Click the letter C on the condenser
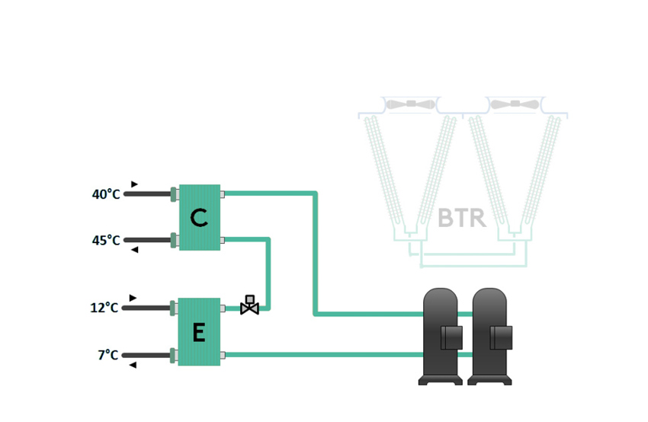[199, 218]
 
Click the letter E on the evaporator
[198, 333]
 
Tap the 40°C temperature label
[106, 194]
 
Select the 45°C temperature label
[106, 241]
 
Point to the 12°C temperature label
[104, 308]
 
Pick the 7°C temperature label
[108, 355]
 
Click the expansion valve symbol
[249, 305]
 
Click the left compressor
[443, 335]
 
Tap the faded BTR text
[462, 219]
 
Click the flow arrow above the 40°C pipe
[134, 184]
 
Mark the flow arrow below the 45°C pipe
[134, 250]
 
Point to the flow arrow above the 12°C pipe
[133, 298]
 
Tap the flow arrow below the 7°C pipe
[133, 365]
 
